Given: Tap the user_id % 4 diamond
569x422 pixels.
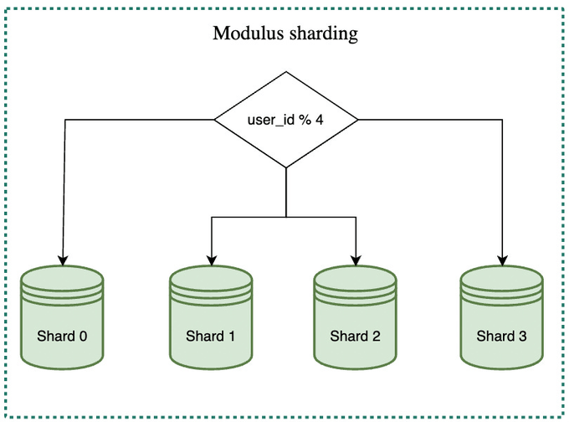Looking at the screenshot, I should pos(286,120).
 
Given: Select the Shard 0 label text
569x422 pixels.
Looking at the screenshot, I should pos(63,337).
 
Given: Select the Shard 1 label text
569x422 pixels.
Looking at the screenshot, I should pos(210,337).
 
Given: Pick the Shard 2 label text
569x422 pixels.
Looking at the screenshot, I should pos(356,337).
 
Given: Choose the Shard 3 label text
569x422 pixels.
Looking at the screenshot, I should pos(502,337).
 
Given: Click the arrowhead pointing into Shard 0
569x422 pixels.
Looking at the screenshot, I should pos(63,259).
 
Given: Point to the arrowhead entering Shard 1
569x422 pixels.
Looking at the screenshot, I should pos(210,259).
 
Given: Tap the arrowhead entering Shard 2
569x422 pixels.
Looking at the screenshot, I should pos(356,259).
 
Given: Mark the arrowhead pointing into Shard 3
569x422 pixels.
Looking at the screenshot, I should pos(502,259).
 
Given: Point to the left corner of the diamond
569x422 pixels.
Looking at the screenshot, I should pos(217,120).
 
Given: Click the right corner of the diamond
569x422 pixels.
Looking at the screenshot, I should pos(357,120).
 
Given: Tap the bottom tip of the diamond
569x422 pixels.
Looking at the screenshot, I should pos(286,167).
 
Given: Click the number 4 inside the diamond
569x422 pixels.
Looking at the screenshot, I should pos(320,120).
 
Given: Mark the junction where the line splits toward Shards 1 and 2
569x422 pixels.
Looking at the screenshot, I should pos(286,218).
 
